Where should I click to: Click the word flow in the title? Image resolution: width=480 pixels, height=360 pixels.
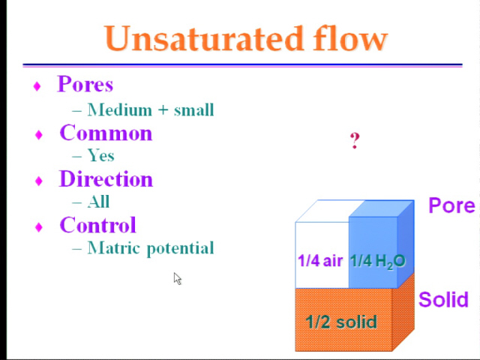pos(350,38)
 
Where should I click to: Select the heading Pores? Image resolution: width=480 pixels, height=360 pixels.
pos(85,84)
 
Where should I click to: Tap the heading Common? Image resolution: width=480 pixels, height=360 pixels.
pos(106,133)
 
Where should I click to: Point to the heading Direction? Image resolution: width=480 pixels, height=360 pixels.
pos(106,178)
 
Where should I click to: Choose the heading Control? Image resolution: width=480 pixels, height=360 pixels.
pos(98,225)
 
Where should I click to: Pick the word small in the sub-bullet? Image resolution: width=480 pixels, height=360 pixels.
pos(194,110)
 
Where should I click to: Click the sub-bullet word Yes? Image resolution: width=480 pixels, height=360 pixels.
pos(101,155)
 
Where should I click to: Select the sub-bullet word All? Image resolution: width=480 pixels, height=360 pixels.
pos(98,202)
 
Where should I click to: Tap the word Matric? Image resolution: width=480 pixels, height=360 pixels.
pos(115,247)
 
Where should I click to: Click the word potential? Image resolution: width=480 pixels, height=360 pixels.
pos(180,248)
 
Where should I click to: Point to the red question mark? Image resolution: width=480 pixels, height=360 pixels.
pos(355,141)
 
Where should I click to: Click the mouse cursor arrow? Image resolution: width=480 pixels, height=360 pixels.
pos(177,278)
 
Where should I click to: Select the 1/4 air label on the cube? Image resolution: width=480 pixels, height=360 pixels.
pos(320,261)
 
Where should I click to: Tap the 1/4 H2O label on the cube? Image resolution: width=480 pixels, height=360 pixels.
pos(378,262)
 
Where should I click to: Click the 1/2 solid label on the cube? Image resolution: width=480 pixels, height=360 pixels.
pos(341,322)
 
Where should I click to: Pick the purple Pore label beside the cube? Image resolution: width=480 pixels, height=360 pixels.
pos(451,205)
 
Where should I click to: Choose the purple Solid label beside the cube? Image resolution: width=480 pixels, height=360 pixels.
pos(443,299)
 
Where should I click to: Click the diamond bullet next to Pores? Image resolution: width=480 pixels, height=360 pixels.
pos(37,86)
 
